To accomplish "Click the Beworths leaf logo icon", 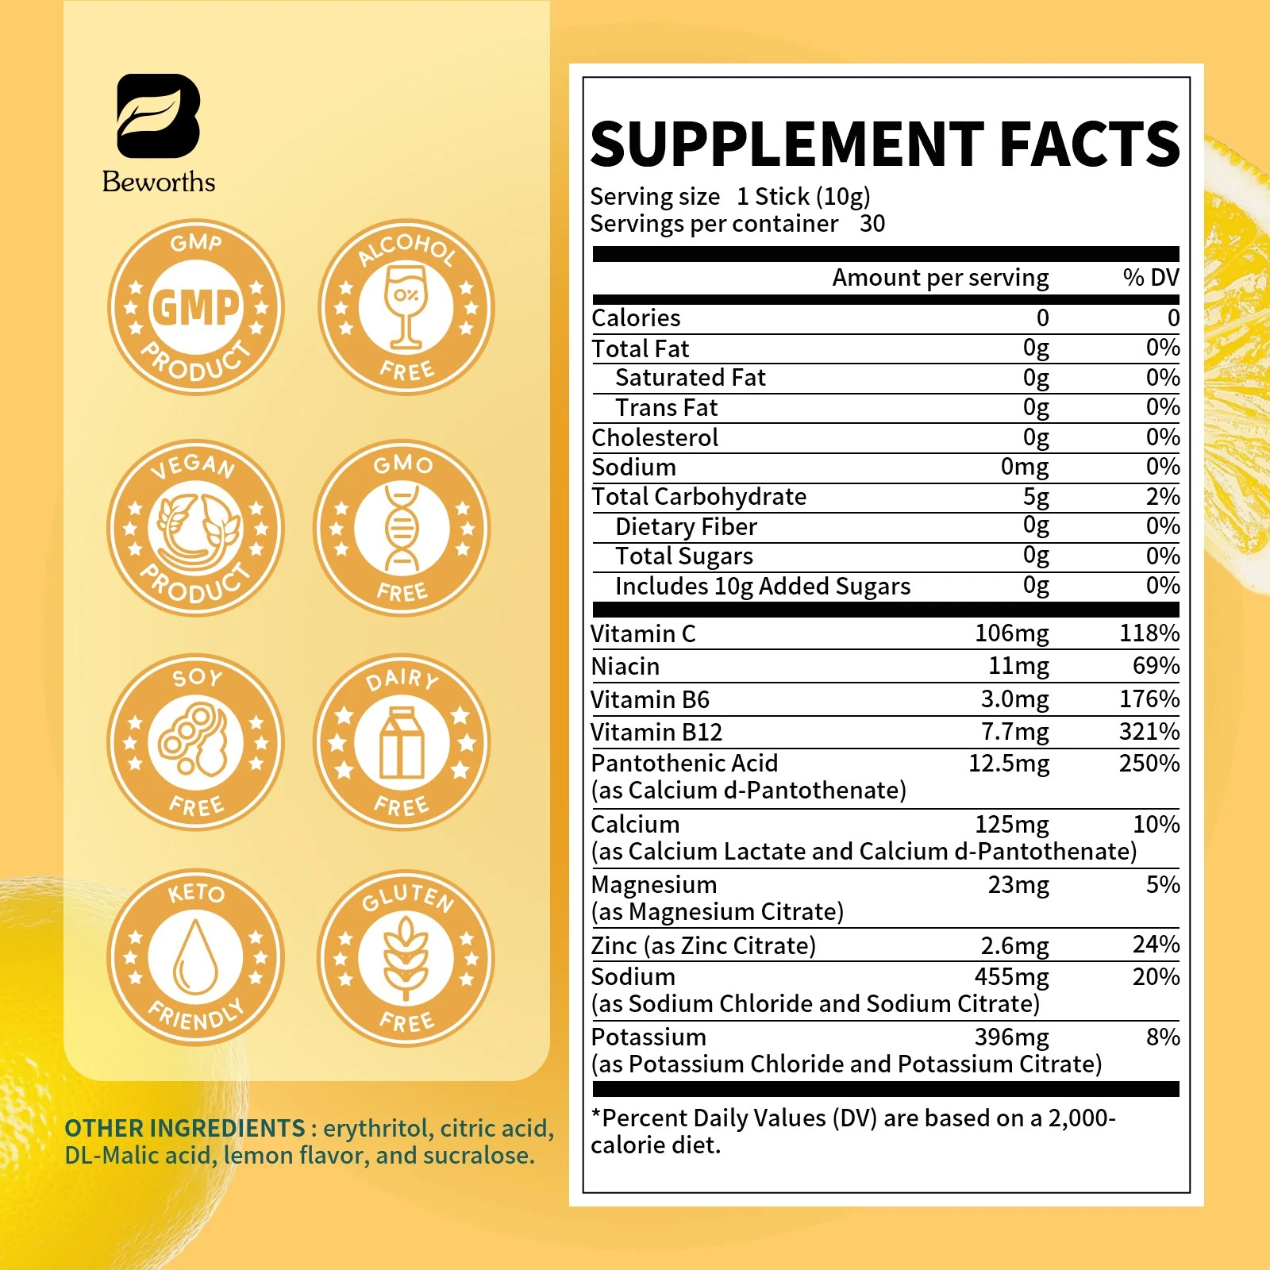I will (158, 116).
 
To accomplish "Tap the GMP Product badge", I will (195, 307).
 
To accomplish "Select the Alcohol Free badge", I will (406, 307).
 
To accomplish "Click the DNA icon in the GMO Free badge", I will (402, 528).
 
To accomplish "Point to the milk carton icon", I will (402, 743).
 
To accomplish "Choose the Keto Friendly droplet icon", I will (195, 956).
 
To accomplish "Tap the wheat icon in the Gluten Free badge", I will (406, 958).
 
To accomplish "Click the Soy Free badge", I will (195, 742).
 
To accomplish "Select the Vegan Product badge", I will (195, 528).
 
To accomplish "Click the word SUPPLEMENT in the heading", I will (787, 144).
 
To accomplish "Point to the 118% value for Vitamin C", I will (1149, 633).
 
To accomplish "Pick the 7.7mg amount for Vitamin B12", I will (1014, 732).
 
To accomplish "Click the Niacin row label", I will (625, 667).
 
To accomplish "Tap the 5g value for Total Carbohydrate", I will (1035, 497).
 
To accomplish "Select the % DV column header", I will (1150, 277).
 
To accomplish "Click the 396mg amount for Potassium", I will (1011, 1037).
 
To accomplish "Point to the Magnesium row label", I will (654, 885).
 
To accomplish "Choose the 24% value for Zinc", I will (1156, 945).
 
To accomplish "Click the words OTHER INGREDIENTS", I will (184, 1128).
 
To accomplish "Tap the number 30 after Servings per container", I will (872, 224).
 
